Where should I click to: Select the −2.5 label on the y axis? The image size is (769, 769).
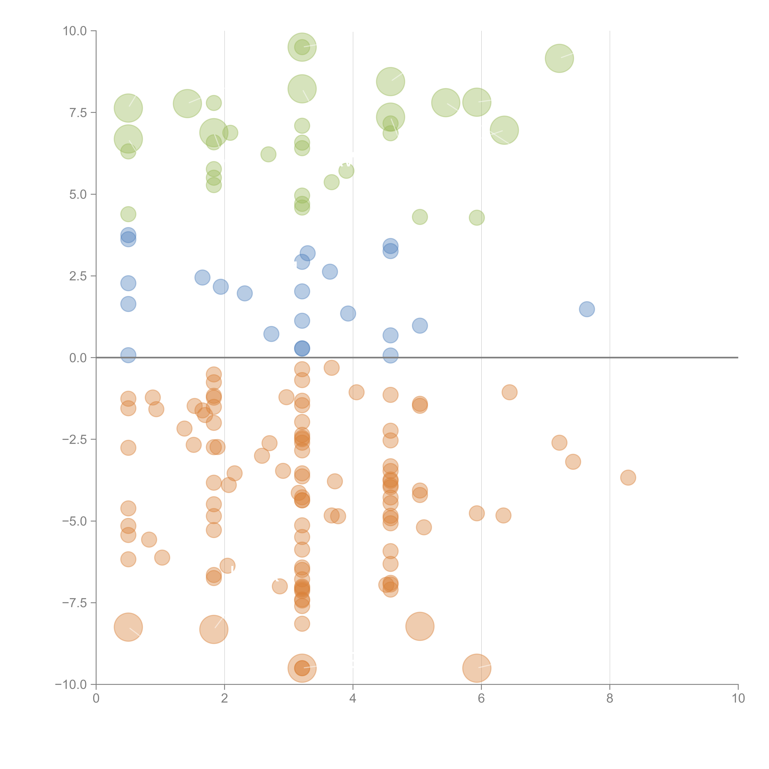click(74, 439)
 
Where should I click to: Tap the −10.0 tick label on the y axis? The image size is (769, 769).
click(71, 685)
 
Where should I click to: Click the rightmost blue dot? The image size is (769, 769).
click(587, 309)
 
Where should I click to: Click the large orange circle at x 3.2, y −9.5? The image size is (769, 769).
click(302, 668)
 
